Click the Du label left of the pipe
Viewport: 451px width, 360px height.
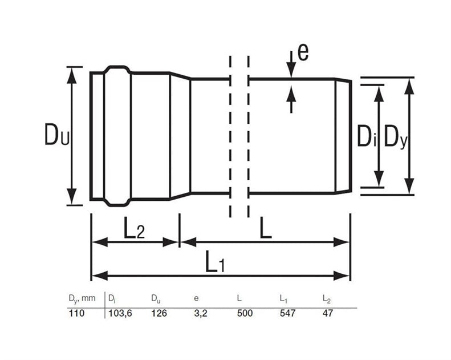click(x=57, y=134)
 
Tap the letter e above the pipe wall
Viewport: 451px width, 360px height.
click(x=303, y=52)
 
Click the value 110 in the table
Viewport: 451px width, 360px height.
click(x=76, y=313)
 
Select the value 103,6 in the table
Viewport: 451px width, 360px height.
click(x=120, y=313)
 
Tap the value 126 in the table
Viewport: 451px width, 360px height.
click(x=159, y=313)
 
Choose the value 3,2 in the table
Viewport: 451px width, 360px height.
click(x=201, y=313)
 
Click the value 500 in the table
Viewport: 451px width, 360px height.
click(x=245, y=313)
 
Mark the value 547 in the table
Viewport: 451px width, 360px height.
click(x=287, y=313)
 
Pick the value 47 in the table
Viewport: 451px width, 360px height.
click(x=328, y=313)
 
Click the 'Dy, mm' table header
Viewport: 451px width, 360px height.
click(x=82, y=298)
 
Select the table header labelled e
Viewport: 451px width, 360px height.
click(x=196, y=298)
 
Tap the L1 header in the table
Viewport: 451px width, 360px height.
click(x=283, y=299)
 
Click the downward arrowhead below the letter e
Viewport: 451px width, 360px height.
click(x=291, y=70)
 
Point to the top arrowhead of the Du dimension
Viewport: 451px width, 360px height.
click(x=72, y=75)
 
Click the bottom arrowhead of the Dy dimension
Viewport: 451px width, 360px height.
click(x=409, y=186)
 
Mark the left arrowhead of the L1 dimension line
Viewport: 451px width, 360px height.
click(x=100, y=276)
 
